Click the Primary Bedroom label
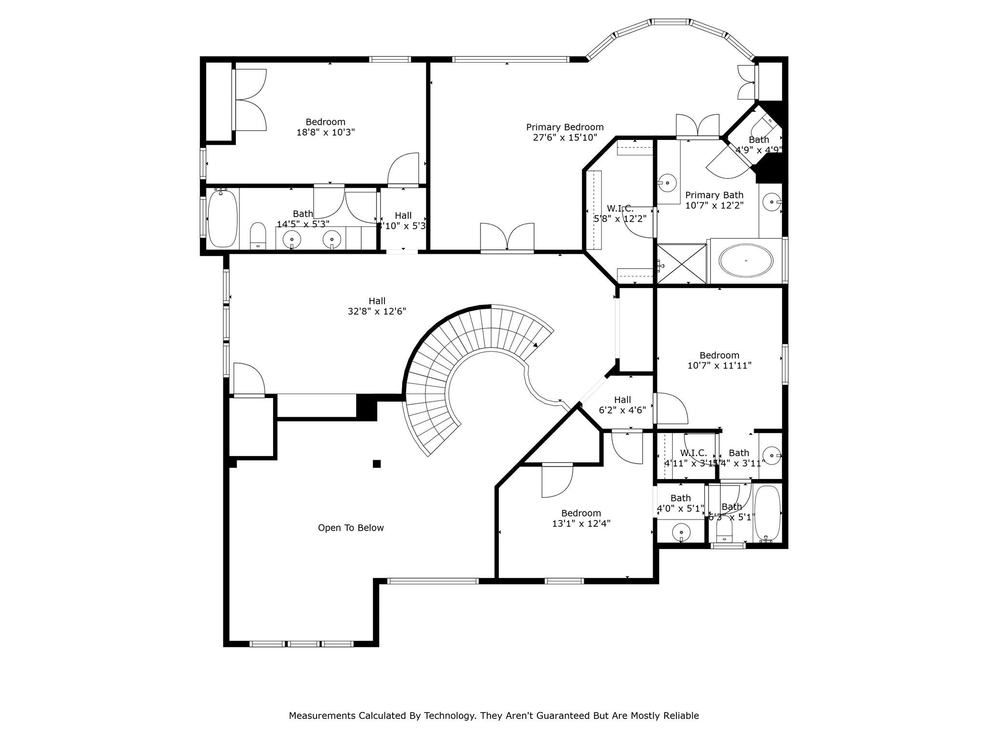(x=564, y=127)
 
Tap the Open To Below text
(x=351, y=528)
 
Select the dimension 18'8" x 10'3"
(x=326, y=132)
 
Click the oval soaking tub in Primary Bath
(x=745, y=261)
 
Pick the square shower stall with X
(x=682, y=264)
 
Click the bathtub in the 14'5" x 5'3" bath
(x=222, y=219)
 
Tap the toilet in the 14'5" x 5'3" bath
(x=258, y=235)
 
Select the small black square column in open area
(x=377, y=464)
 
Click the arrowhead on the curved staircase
(x=535, y=344)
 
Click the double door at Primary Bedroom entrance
(x=507, y=237)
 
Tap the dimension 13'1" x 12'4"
(x=581, y=523)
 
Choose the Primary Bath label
(x=714, y=195)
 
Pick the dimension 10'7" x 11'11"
(x=719, y=366)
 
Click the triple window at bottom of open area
(x=302, y=644)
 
